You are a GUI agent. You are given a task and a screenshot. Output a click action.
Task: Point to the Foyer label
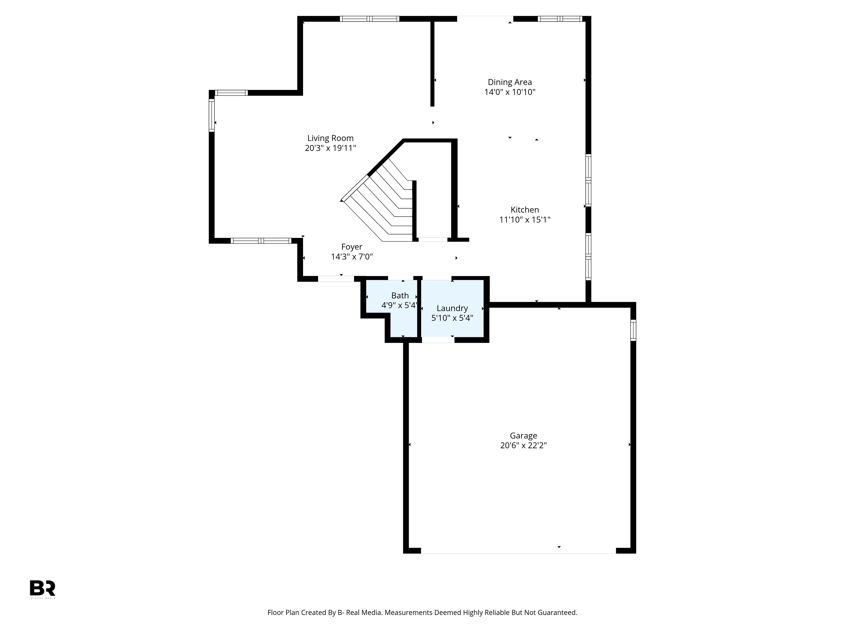tap(352, 247)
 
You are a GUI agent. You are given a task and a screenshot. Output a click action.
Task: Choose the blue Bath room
tap(397, 306)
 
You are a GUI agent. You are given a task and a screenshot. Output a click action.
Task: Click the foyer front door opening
tap(336, 279)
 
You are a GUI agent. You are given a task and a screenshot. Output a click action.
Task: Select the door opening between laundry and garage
tap(438, 340)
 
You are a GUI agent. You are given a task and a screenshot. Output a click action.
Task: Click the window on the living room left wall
tap(212, 115)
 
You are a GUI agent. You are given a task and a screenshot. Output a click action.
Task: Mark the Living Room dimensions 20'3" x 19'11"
tap(330, 148)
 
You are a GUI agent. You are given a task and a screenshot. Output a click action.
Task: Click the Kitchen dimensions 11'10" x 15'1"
tap(525, 220)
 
